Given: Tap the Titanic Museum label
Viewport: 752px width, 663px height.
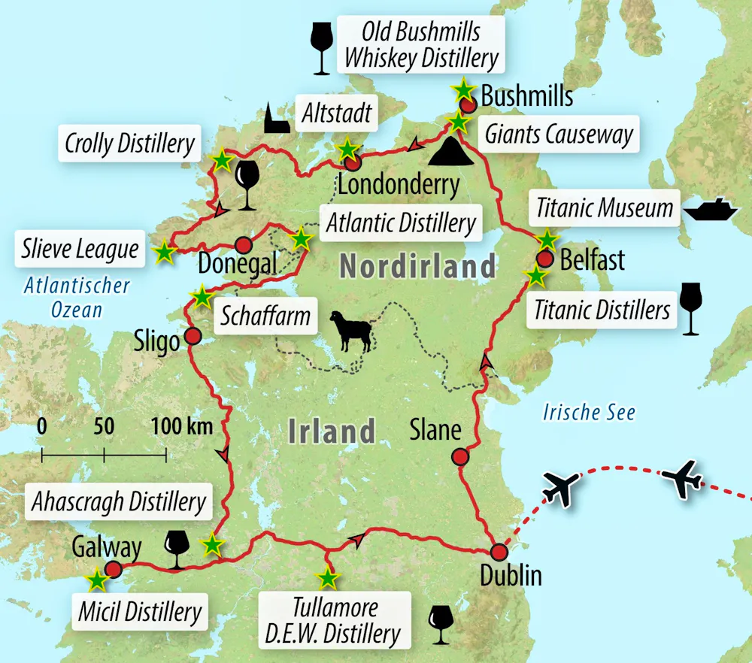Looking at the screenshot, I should (605, 207).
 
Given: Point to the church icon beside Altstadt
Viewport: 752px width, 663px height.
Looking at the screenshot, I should (276, 119).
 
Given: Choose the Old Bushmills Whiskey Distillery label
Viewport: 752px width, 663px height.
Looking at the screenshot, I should (420, 44).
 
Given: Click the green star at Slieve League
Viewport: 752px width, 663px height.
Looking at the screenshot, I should (164, 253).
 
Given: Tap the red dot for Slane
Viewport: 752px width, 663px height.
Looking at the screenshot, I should (459, 456).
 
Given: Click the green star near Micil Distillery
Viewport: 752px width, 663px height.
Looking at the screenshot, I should (96, 580).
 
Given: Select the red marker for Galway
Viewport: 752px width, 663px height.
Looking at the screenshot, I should (114, 569).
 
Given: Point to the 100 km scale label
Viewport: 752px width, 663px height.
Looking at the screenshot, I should (182, 427).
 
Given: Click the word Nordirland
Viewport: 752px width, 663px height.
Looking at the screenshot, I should (417, 266).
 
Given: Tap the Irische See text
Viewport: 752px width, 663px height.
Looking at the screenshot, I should (589, 412).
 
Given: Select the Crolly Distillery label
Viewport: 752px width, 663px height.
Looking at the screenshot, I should (129, 143).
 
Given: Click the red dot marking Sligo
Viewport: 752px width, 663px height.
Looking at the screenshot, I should (193, 336).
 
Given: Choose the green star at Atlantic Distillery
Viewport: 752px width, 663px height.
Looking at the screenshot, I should (301, 239).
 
